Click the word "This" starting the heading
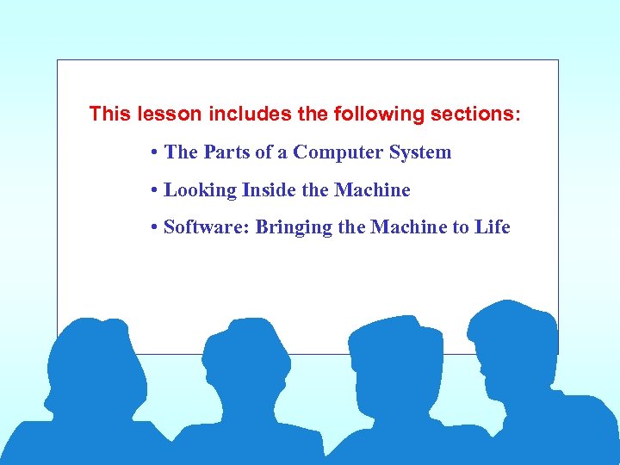pyautogui.click(x=108, y=114)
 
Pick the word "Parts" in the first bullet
pyautogui.click(x=226, y=152)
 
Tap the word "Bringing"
pyautogui.click(x=294, y=227)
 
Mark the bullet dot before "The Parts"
pyautogui.click(x=152, y=153)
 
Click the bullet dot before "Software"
pyautogui.click(x=152, y=228)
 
